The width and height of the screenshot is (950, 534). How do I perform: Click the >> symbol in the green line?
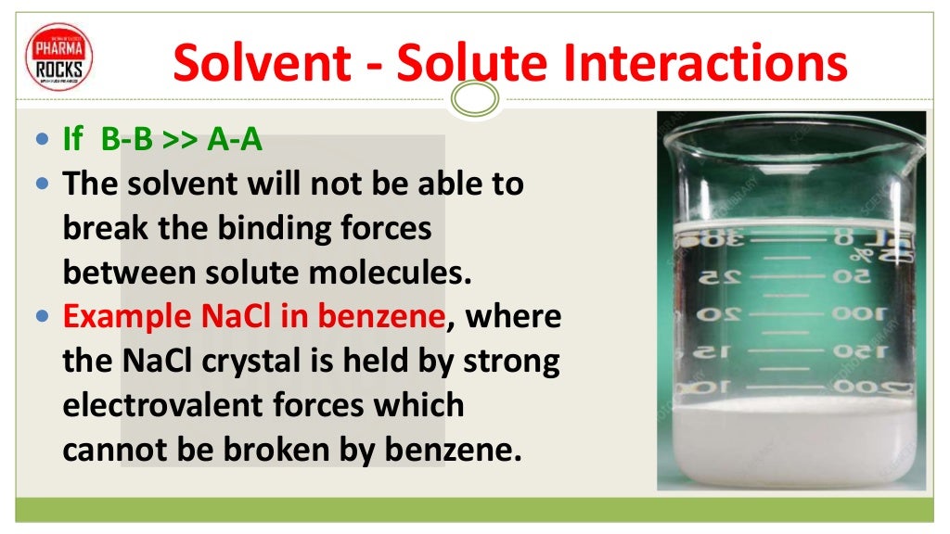click(x=180, y=140)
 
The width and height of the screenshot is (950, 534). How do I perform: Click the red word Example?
click(x=127, y=316)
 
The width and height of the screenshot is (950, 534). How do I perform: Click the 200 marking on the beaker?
click(x=854, y=386)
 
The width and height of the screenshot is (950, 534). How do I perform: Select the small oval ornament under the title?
click(x=475, y=96)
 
